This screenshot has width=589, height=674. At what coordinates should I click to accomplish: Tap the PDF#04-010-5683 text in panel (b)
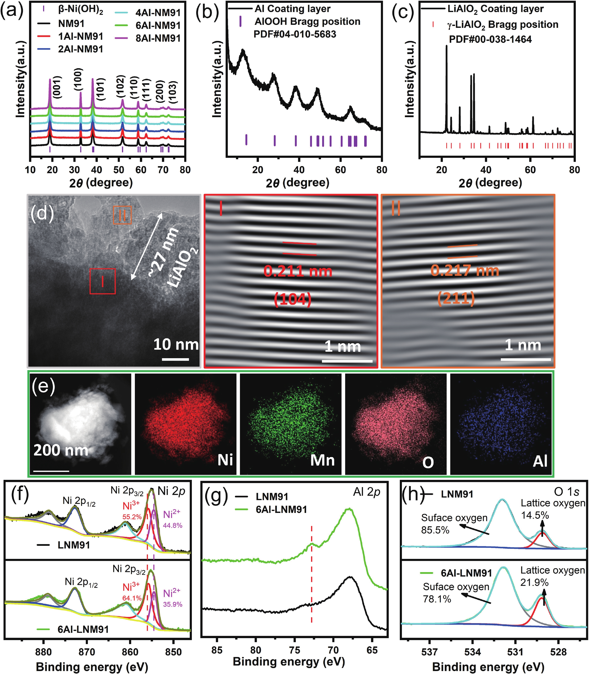(295, 34)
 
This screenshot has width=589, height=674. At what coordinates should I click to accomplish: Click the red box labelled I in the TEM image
(102, 281)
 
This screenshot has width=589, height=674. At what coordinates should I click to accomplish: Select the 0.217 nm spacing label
(465, 271)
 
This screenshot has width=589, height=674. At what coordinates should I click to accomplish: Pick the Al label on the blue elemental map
(540, 461)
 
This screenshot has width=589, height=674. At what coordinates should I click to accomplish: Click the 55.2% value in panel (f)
(132, 517)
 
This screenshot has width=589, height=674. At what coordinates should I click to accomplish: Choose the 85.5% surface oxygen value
(435, 530)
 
